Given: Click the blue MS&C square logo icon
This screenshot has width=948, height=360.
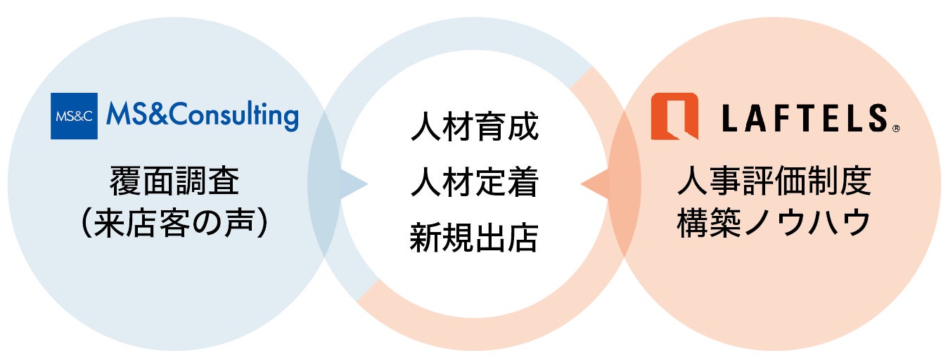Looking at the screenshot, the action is (74, 116).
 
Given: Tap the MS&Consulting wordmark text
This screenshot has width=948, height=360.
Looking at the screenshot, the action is (202, 116).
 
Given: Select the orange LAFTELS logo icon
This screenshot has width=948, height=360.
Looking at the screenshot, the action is (674, 116).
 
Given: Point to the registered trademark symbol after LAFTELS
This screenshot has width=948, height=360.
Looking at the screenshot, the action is (896, 129).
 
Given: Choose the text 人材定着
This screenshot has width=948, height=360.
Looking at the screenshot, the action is (474, 184).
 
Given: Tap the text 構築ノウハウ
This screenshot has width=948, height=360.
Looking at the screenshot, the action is (774, 224).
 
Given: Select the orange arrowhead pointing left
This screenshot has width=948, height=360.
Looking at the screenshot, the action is (594, 185).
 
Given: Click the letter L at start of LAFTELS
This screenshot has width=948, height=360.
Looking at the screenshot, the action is (731, 117).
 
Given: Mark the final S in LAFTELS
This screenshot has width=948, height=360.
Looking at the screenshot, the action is (877, 117).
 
